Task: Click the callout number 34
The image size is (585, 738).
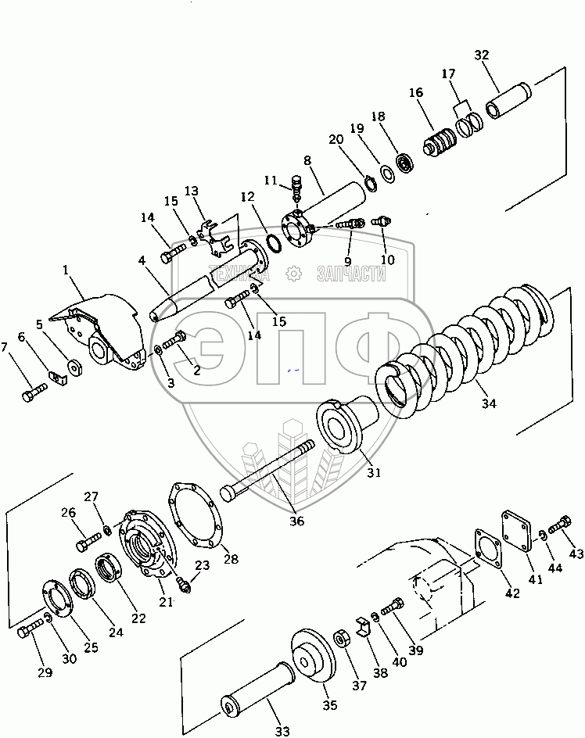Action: point(489,404)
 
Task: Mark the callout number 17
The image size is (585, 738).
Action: point(449,74)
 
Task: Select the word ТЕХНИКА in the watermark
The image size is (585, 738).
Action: point(235,273)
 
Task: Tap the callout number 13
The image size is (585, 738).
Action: point(192,192)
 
